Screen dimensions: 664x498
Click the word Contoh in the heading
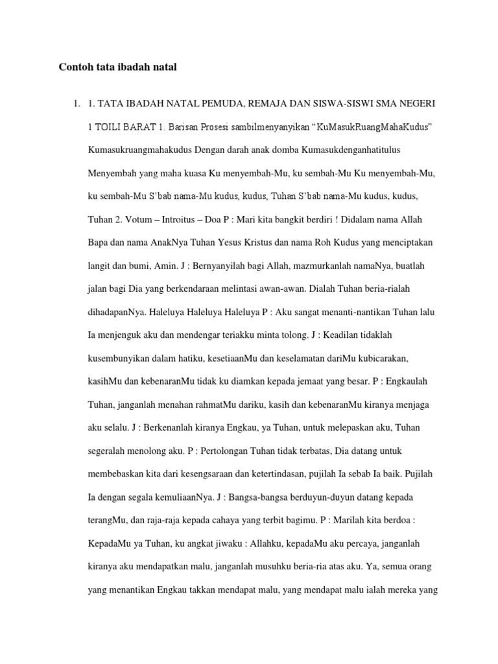(x=77, y=66)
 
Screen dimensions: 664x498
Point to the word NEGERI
(x=418, y=104)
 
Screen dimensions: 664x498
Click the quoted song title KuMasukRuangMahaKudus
(x=373, y=128)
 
